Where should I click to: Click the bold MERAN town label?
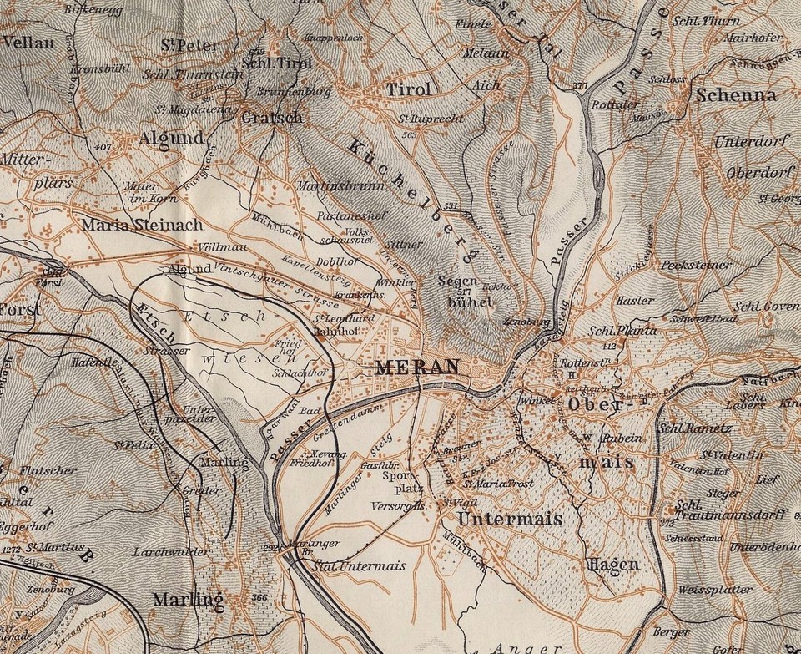tap(417, 367)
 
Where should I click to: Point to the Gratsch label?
tap(271, 118)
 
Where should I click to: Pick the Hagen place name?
tap(613, 565)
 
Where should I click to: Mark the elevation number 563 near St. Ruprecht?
tap(408, 134)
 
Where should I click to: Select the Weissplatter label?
tap(715, 590)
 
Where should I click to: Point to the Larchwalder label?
tap(169, 552)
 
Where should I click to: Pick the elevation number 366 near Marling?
tap(259, 597)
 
